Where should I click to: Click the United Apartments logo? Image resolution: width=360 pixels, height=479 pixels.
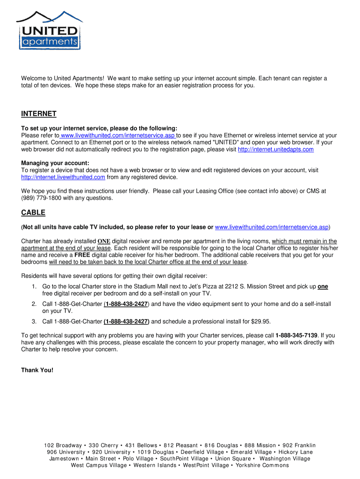49,31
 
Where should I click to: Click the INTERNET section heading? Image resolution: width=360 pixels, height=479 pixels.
39,114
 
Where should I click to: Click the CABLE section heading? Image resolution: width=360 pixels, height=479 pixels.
33,212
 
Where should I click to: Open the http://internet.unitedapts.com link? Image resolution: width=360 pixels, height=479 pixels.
276,149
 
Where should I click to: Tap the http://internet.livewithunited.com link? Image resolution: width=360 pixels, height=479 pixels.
63,177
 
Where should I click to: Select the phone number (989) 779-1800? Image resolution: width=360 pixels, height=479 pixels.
43,198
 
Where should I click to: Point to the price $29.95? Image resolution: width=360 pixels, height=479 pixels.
260,321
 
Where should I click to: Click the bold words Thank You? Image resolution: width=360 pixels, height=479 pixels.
37,370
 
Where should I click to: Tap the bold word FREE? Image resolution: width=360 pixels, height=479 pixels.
82,255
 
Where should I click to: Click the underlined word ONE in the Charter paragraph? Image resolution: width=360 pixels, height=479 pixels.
103,241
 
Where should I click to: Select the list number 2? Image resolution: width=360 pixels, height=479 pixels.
34,304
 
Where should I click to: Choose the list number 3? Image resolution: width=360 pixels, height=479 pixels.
34,321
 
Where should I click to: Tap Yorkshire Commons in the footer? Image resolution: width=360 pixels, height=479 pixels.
262,465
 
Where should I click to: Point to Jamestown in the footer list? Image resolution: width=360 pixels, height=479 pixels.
64,459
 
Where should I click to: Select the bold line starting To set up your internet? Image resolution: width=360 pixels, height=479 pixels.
99,128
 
